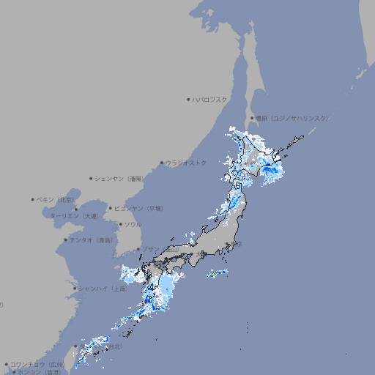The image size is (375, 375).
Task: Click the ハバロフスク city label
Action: pos(210,99)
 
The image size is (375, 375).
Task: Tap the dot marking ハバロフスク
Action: pos(188,99)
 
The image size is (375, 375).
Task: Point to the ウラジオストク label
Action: pos(186,163)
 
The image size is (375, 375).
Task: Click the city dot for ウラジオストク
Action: pos(162,163)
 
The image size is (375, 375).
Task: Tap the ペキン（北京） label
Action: pos(56,199)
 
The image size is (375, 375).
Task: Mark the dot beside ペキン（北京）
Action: pos(33,199)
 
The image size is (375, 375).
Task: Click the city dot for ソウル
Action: pos(120,224)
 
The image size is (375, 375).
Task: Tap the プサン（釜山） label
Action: pos(160,250)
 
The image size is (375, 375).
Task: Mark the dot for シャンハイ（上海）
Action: pos(75,289)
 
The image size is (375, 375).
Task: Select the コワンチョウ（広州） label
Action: pos(37,364)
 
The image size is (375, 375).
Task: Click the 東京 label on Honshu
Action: pos(238,245)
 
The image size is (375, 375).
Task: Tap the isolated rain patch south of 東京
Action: pos(218,273)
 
